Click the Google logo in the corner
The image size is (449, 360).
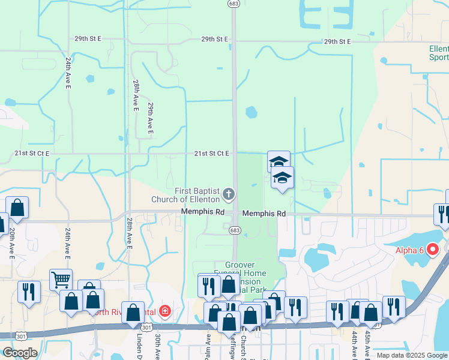tap(20, 353)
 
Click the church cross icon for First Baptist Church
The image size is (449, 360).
tap(228, 194)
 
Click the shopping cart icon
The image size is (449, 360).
tap(61, 278)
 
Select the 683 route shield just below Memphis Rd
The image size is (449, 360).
tap(235, 230)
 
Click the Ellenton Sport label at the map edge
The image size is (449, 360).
tap(439, 53)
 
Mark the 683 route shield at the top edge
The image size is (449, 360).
tap(234, 4)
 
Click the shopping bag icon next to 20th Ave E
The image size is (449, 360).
tap(17, 208)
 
